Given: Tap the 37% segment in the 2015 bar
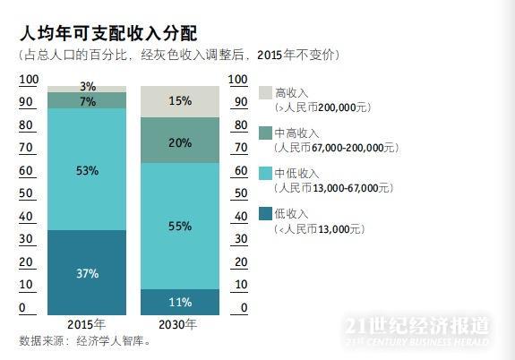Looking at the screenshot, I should pos(87,273).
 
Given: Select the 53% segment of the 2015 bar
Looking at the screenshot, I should pos(87,169).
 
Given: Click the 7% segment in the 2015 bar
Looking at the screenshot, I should pos(87,101).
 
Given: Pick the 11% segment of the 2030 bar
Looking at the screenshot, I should pos(180,302).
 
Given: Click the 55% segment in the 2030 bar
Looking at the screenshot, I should pos(180,226).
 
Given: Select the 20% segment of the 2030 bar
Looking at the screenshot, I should pos(180,141).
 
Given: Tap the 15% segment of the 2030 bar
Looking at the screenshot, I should pos(180,101).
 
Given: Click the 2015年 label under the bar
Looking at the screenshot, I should pos(87,324).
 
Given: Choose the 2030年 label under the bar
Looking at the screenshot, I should pos(179,324).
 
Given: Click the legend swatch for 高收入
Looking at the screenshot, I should pos(265,93).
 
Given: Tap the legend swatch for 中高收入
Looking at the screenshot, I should pos(265,133).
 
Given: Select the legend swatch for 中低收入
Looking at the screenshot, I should pos(265,173).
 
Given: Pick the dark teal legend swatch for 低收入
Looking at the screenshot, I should pos(265,213).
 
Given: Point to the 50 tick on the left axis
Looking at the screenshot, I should pos(28,193).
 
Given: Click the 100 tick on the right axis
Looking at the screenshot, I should pos(238,80).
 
